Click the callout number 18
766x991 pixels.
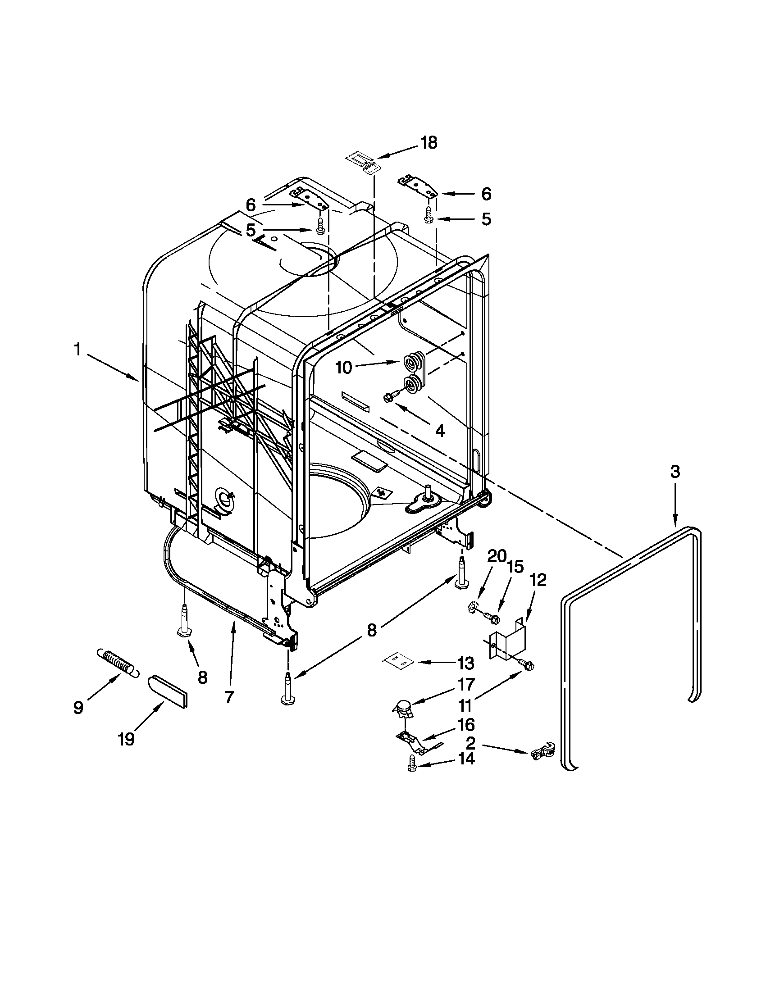click(428, 143)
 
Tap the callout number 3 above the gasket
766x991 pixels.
click(675, 472)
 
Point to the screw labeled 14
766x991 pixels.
click(412, 768)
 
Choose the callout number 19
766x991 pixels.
click(126, 740)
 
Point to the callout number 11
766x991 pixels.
click(465, 705)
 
